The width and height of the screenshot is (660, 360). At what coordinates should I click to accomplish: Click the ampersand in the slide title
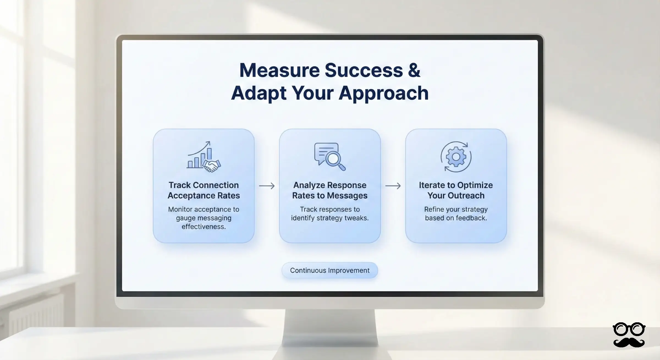(x=414, y=70)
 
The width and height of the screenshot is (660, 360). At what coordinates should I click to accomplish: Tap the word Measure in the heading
(x=279, y=70)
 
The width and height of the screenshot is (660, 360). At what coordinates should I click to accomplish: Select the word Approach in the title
(x=383, y=94)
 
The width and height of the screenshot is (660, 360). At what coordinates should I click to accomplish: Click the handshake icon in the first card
(x=212, y=166)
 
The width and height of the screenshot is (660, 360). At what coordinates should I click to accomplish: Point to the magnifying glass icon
(x=334, y=160)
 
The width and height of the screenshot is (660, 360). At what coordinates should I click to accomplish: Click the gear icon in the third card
(x=456, y=157)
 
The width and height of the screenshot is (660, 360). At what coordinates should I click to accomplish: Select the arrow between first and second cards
(x=267, y=186)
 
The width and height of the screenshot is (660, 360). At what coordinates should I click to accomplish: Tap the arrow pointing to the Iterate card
(x=393, y=186)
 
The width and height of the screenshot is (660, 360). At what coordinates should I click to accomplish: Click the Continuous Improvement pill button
(x=330, y=270)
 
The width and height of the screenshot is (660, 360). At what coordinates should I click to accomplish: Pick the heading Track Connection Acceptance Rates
(x=204, y=190)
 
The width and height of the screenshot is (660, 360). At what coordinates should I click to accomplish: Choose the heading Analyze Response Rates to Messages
(x=330, y=190)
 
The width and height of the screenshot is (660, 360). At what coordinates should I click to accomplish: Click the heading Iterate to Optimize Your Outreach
(x=456, y=190)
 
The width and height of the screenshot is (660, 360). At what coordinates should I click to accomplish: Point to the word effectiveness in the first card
(x=204, y=227)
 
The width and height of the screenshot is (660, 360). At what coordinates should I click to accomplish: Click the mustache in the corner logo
(x=629, y=342)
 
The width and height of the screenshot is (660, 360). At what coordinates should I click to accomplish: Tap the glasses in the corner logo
(x=629, y=329)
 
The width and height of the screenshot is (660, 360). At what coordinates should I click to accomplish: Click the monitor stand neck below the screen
(x=330, y=325)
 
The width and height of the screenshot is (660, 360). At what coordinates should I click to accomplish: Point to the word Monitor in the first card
(x=180, y=209)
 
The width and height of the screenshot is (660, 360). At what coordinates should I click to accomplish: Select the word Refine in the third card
(x=434, y=209)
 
